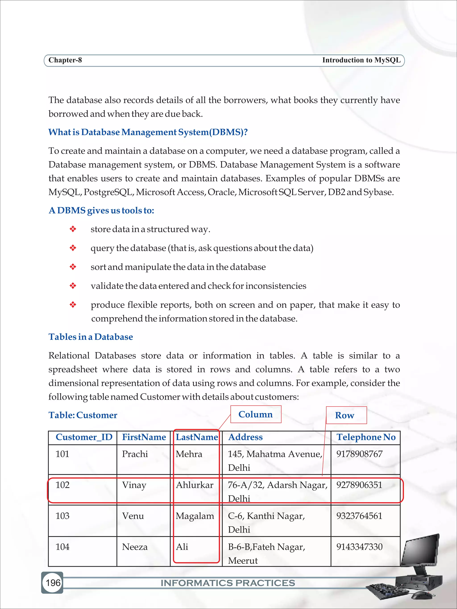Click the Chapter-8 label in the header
click(65, 60)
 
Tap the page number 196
click(53, 583)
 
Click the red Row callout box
click(346, 415)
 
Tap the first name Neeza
click(135, 547)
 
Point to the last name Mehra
click(189, 454)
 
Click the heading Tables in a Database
click(91, 337)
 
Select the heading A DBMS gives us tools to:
click(101, 210)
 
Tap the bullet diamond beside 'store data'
click(73, 229)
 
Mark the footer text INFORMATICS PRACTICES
click(228, 583)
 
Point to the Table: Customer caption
click(83, 415)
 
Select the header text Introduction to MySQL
click(361, 60)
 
